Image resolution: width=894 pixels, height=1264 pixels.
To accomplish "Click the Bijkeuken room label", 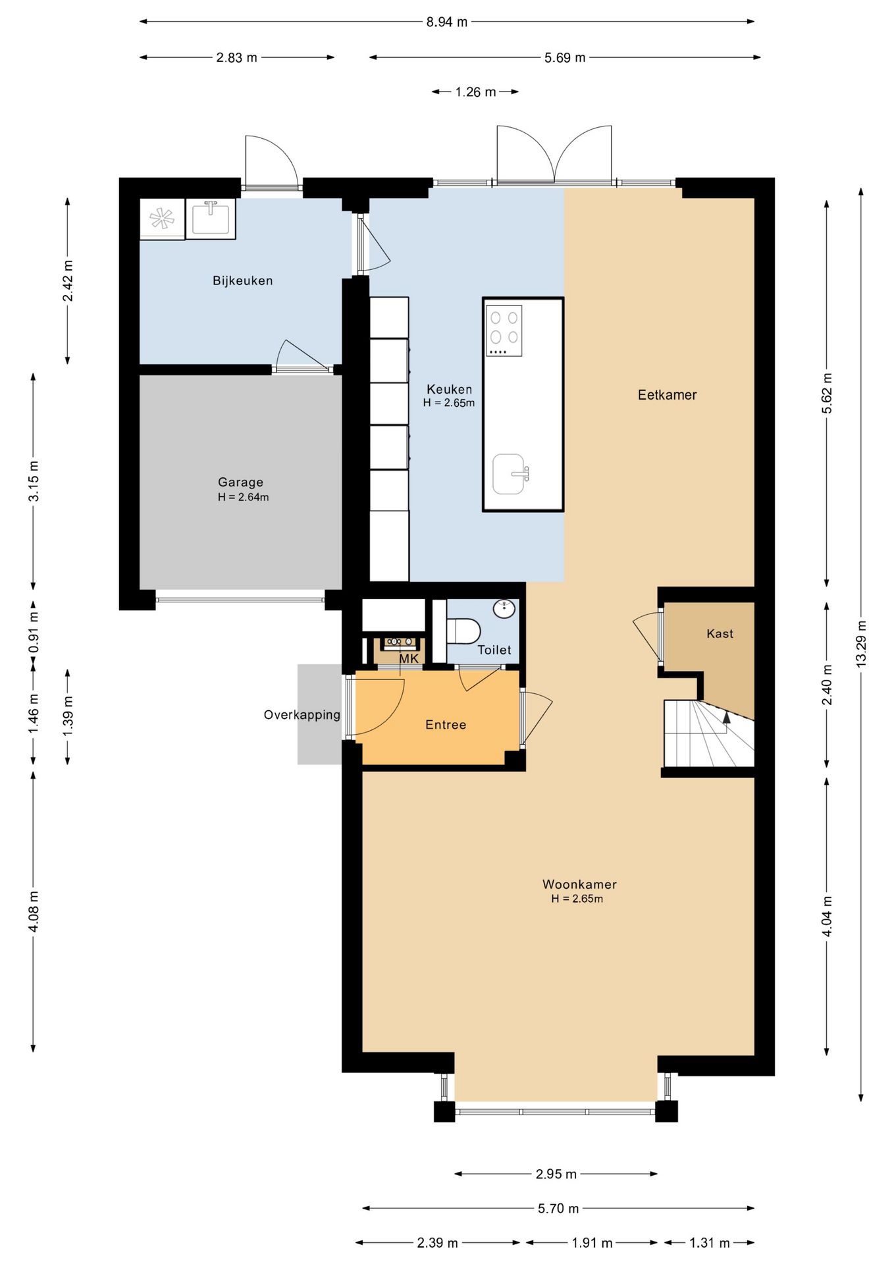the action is click(x=242, y=281).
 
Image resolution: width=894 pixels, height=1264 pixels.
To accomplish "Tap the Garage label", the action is click(x=240, y=483).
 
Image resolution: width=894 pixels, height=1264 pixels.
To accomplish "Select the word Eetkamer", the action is click(x=667, y=395).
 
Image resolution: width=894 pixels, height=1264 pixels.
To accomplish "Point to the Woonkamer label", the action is click(x=579, y=884).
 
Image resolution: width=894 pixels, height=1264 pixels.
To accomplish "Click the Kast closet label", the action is click(x=720, y=634).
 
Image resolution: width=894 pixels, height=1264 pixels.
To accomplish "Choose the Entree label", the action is click(x=446, y=725).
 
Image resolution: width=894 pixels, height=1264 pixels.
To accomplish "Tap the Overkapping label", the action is click(x=302, y=715).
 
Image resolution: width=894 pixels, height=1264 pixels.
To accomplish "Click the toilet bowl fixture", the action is click(x=463, y=631).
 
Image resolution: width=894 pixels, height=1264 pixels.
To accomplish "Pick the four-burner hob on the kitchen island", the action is click(x=504, y=330).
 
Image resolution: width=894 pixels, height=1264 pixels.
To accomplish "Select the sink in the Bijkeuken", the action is click(x=211, y=219).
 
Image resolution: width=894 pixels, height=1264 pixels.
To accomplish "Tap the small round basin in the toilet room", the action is click(x=504, y=609).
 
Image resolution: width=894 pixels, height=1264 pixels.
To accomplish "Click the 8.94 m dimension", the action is click(x=446, y=22).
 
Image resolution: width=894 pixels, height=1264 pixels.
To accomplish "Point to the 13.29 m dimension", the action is click(x=861, y=644).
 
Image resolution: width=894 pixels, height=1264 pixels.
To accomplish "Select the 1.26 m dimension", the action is click(x=475, y=92).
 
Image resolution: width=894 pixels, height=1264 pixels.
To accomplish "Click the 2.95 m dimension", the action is click(x=556, y=1174).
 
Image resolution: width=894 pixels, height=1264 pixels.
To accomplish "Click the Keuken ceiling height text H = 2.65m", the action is click(x=449, y=403).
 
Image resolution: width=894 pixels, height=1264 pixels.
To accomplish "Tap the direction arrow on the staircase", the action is click(x=726, y=718).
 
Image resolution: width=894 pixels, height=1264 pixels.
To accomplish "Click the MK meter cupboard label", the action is click(x=409, y=659).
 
